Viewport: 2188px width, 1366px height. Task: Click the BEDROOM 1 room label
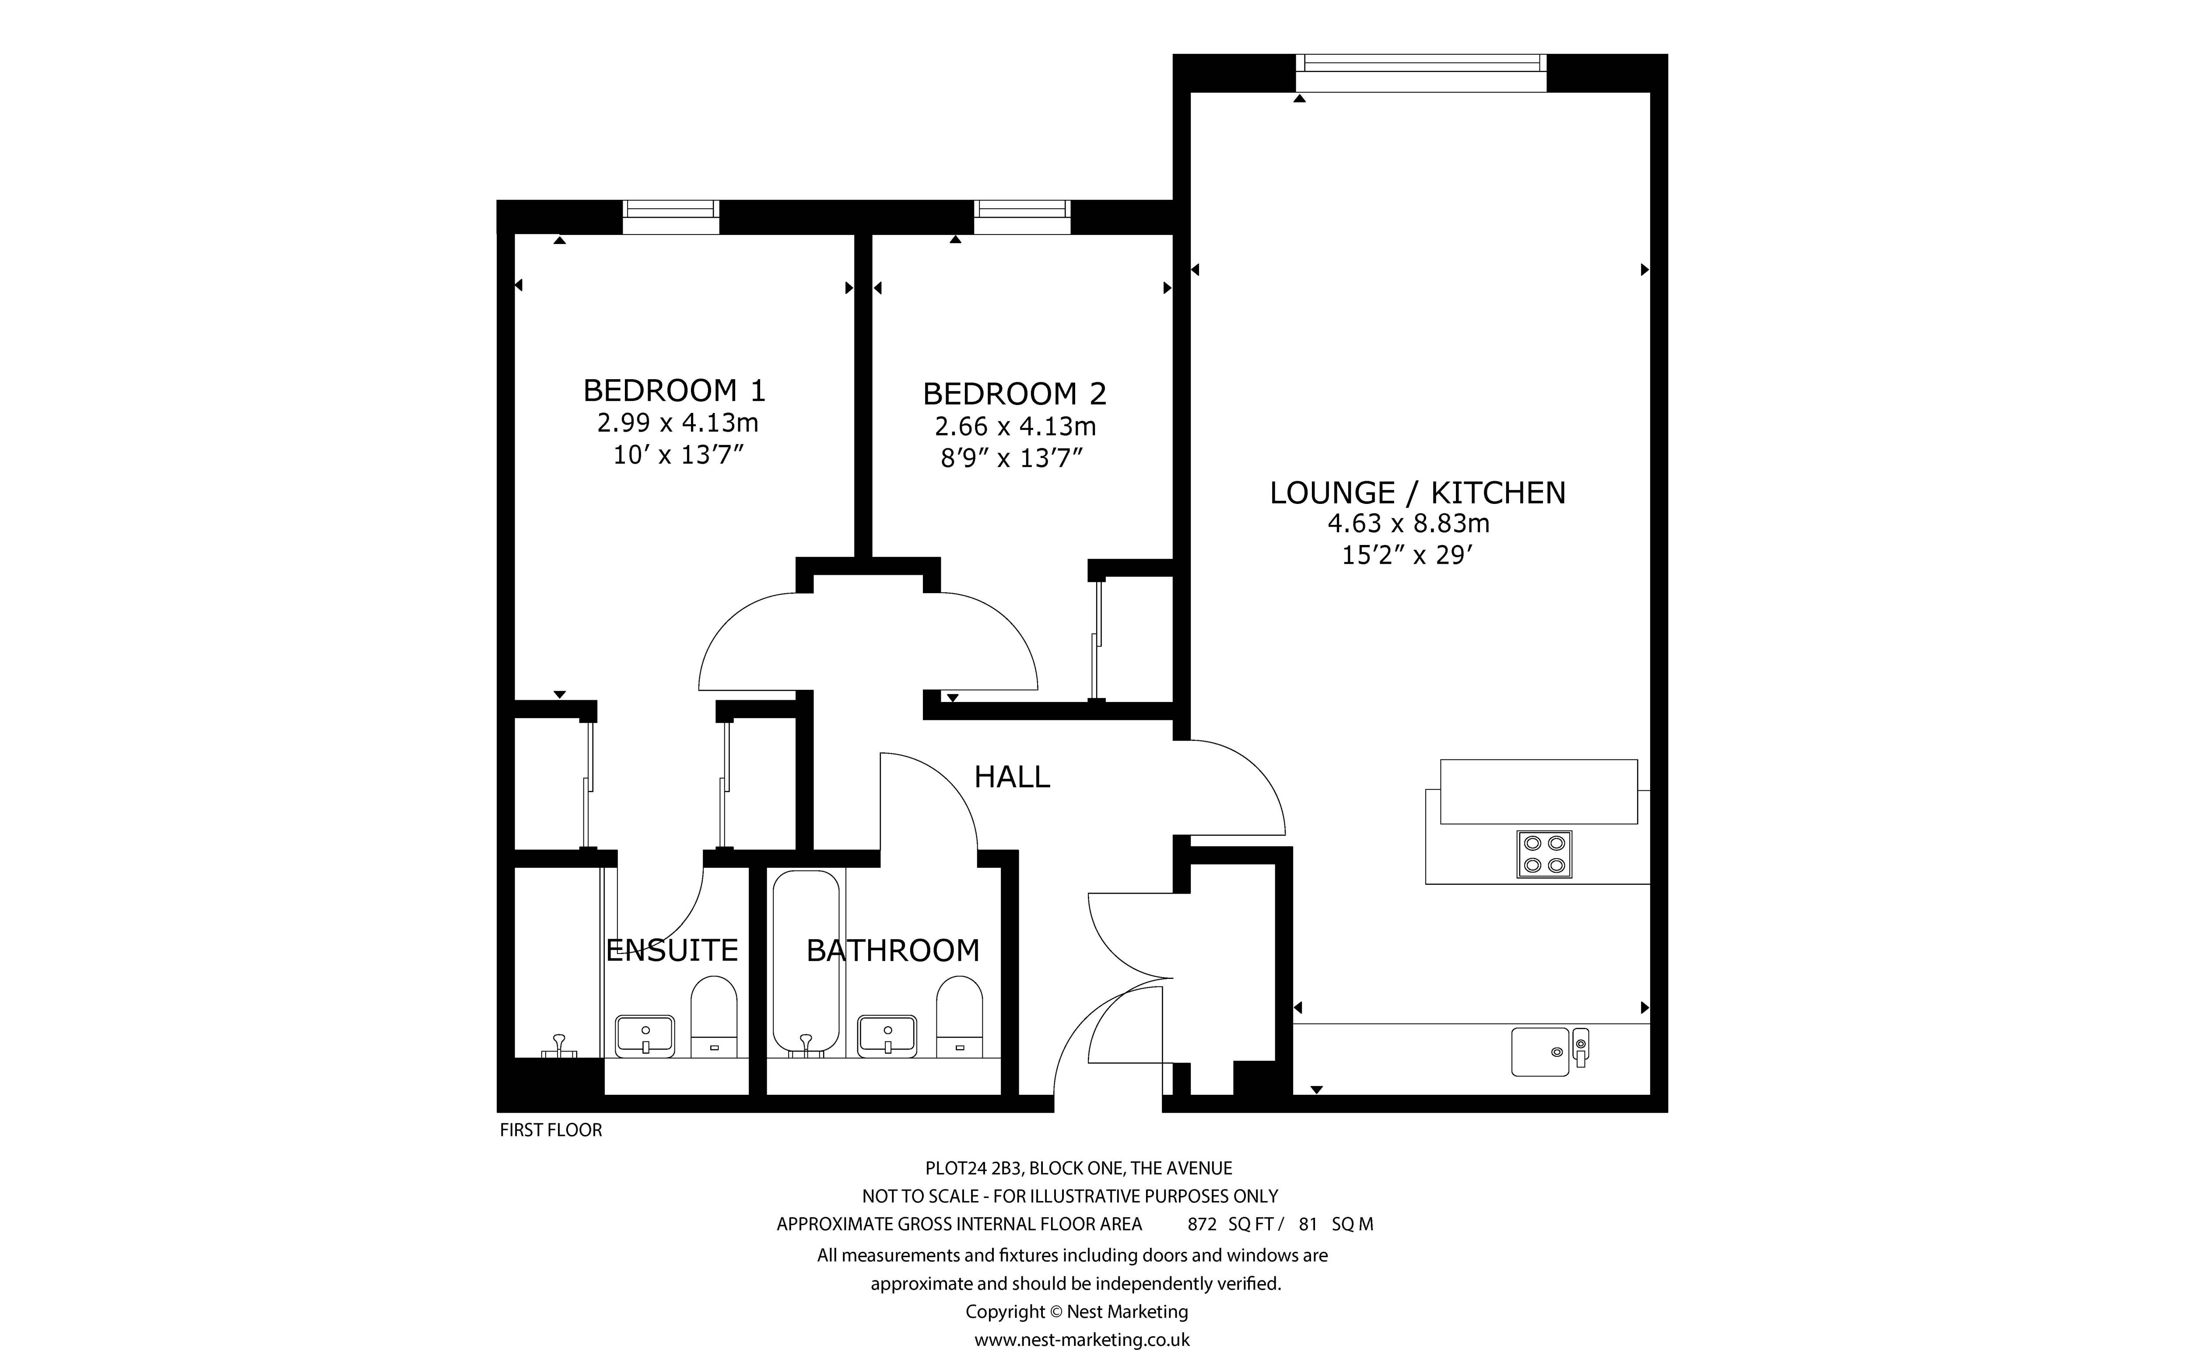click(674, 390)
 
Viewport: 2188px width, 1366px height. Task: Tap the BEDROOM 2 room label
click(1014, 394)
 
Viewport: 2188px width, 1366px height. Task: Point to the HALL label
click(1011, 777)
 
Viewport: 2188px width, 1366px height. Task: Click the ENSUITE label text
click(671, 950)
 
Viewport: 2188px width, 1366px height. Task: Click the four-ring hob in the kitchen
click(1543, 854)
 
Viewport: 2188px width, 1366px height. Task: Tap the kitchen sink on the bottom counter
click(1540, 1052)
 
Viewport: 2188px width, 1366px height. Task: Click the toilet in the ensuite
click(714, 1017)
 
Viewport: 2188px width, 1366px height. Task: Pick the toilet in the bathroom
click(959, 1017)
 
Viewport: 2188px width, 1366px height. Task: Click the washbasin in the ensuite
click(645, 1035)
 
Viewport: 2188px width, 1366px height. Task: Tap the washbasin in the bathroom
click(887, 1035)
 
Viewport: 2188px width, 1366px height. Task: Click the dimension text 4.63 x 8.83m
click(1408, 523)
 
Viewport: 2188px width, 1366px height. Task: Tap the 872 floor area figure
click(1201, 1224)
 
